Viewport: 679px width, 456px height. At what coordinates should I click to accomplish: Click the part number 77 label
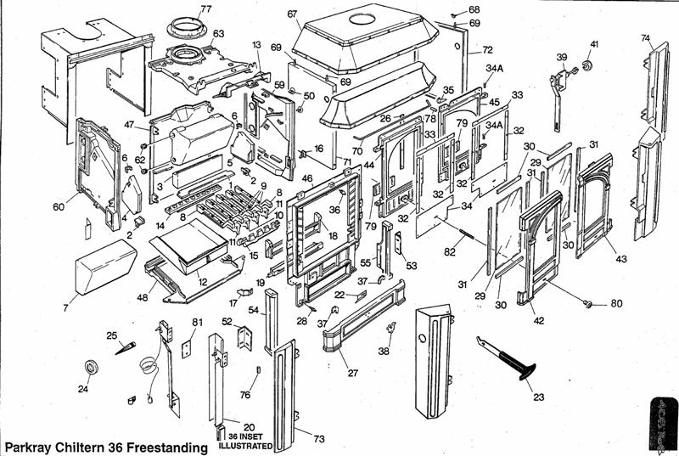pos(206,9)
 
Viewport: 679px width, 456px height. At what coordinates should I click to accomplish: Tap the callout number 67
pos(292,14)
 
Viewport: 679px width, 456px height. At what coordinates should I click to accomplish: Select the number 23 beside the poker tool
pos(539,397)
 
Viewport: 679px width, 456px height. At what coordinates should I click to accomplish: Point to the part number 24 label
pos(82,391)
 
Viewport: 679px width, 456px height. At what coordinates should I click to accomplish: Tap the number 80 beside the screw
pos(617,303)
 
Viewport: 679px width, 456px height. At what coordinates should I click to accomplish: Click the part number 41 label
pos(594,44)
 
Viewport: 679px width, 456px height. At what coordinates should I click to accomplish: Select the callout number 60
pos(59,206)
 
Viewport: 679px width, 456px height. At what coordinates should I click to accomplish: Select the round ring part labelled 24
pos(92,368)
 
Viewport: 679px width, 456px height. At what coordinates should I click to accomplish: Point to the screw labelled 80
pos(587,302)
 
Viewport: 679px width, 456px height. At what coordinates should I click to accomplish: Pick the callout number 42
pos(537,319)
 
